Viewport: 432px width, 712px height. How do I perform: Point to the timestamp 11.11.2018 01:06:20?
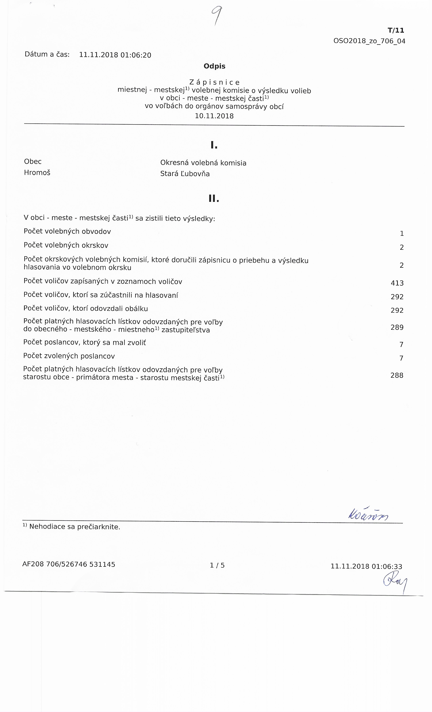click(115, 55)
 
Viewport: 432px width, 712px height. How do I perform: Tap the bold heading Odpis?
click(214, 66)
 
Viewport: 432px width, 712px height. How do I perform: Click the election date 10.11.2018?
click(214, 116)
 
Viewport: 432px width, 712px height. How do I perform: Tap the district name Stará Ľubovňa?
click(185, 174)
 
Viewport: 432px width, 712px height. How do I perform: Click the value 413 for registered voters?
click(397, 283)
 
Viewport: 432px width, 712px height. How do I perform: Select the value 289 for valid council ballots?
click(397, 327)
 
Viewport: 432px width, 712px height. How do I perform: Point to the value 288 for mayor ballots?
click(397, 375)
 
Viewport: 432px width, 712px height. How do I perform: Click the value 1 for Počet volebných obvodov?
click(402, 233)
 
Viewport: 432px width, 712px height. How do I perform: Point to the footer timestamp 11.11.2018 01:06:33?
click(366, 566)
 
